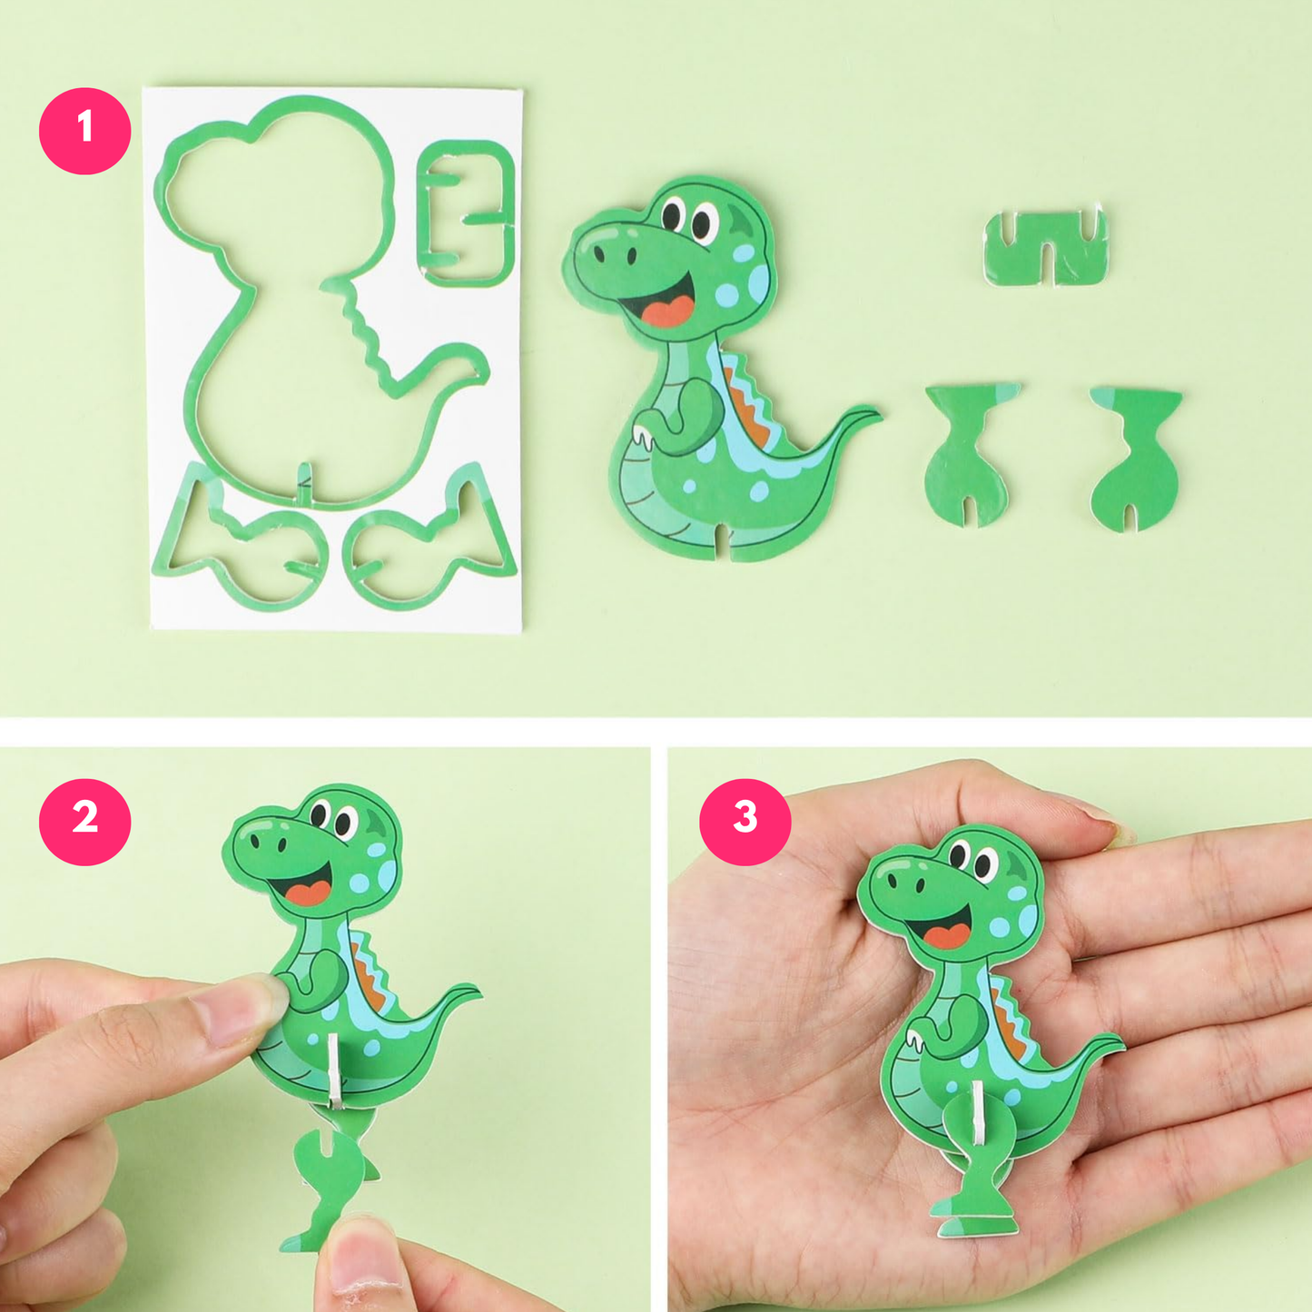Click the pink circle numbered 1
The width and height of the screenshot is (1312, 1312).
[x=84, y=130]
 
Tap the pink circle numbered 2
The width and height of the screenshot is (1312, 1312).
[x=84, y=821]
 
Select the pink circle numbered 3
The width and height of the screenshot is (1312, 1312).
[x=745, y=821]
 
